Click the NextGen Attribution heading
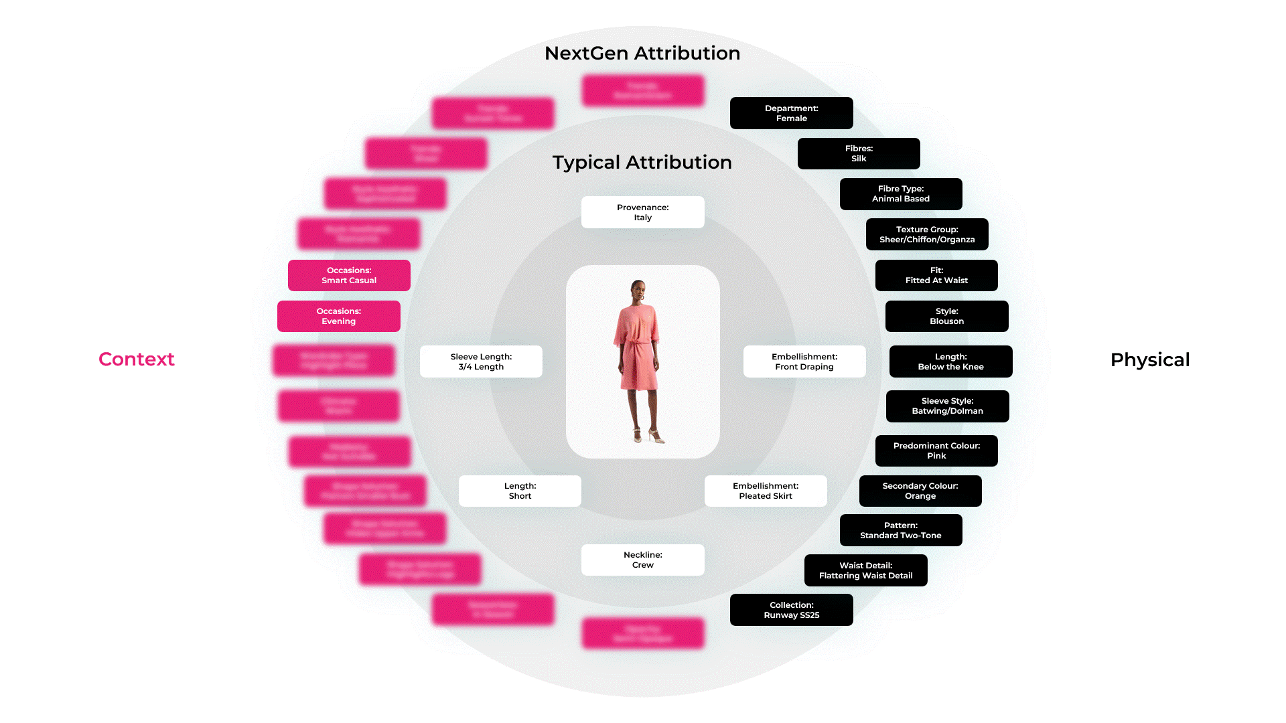tap(642, 54)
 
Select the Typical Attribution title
tap(642, 163)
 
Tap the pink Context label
tap(137, 359)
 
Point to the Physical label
tap(1149, 360)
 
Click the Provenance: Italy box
tap(642, 212)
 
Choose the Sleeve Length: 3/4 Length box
tap(481, 361)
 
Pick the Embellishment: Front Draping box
tap(804, 361)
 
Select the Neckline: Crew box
tap(642, 560)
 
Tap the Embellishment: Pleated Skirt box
tap(765, 491)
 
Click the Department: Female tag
tap(791, 113)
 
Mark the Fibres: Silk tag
tap(858, 153)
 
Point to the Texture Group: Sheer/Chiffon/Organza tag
tap(926, 234)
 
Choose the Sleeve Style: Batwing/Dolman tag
tap(947, 406)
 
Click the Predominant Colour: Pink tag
tap(936, 451)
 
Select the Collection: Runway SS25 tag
tap(791, 610)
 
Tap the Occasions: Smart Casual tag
tap(349, 275)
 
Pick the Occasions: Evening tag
tap(338, 316)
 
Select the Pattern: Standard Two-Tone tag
tap(900, 530)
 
